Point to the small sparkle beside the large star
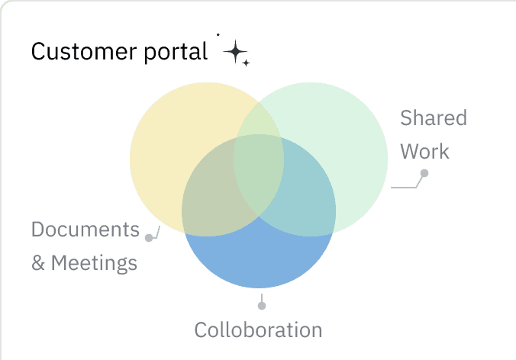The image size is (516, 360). point(246,63)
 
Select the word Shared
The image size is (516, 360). point(433,118)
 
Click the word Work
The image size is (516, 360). point(424,151)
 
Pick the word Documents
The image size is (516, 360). point(85,230)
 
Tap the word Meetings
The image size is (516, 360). point(94,264)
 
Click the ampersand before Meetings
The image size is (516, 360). point(38,264)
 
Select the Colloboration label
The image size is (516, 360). point(258,330)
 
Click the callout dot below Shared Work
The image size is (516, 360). point(424,173)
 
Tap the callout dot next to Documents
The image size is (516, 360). point(149,237)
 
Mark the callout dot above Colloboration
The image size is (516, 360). point(262,305)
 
